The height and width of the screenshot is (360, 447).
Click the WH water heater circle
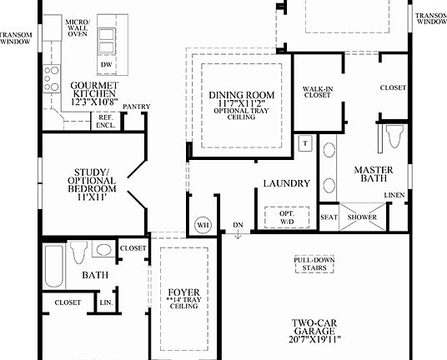(203, 225)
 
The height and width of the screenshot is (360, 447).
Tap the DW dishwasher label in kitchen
(106, 64)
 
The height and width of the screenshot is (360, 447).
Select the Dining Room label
(242, 96)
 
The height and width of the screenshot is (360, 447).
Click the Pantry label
(136, 107)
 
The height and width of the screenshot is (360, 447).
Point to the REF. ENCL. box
(105, 121)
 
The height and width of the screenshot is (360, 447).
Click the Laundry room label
(286, 183)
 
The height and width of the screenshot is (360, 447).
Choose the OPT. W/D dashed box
(286, 217)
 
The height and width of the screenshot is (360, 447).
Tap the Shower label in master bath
(362, 217)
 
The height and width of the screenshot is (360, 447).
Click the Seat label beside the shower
(329, 217)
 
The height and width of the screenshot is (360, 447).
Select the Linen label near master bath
(394, 196)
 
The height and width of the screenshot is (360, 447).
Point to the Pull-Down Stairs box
(314, 264)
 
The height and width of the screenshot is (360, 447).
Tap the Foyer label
(183, 292)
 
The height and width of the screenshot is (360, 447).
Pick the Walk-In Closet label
(317, 92)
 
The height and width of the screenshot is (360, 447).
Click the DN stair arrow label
(238, 225)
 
